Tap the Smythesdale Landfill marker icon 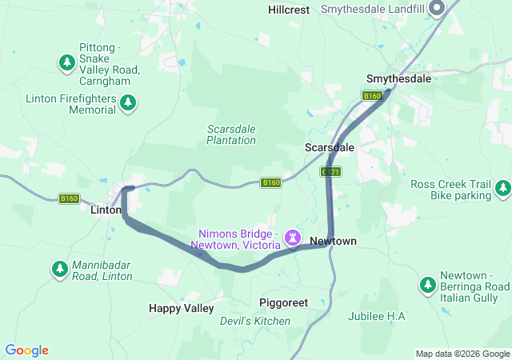[437, 10]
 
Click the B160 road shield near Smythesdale [372, 96]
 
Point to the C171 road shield [330, 171]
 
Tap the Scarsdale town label [329, 148]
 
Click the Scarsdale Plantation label [230, 134]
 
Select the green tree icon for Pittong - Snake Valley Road [67, 61]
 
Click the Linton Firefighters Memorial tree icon [128, 102]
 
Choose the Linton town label [106, 210]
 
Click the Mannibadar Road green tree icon [59, 269]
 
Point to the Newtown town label [333, 241]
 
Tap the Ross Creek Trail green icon [502, 189]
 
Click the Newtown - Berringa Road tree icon [427, 286]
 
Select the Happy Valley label [182, 308]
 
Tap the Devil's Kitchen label [255, 321]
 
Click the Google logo [27, 350]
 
